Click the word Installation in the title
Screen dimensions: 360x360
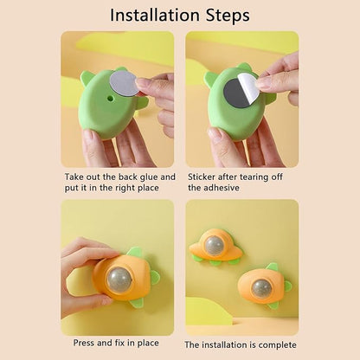pyautogui.click(x=153, y=16)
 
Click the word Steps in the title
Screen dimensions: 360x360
pyautogui.click(x=222, y=16)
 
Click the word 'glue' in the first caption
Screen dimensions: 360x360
pyautogui.click(x=144, y=177)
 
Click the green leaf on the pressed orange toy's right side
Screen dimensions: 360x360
pyautogui.click(x=152, y=278)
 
